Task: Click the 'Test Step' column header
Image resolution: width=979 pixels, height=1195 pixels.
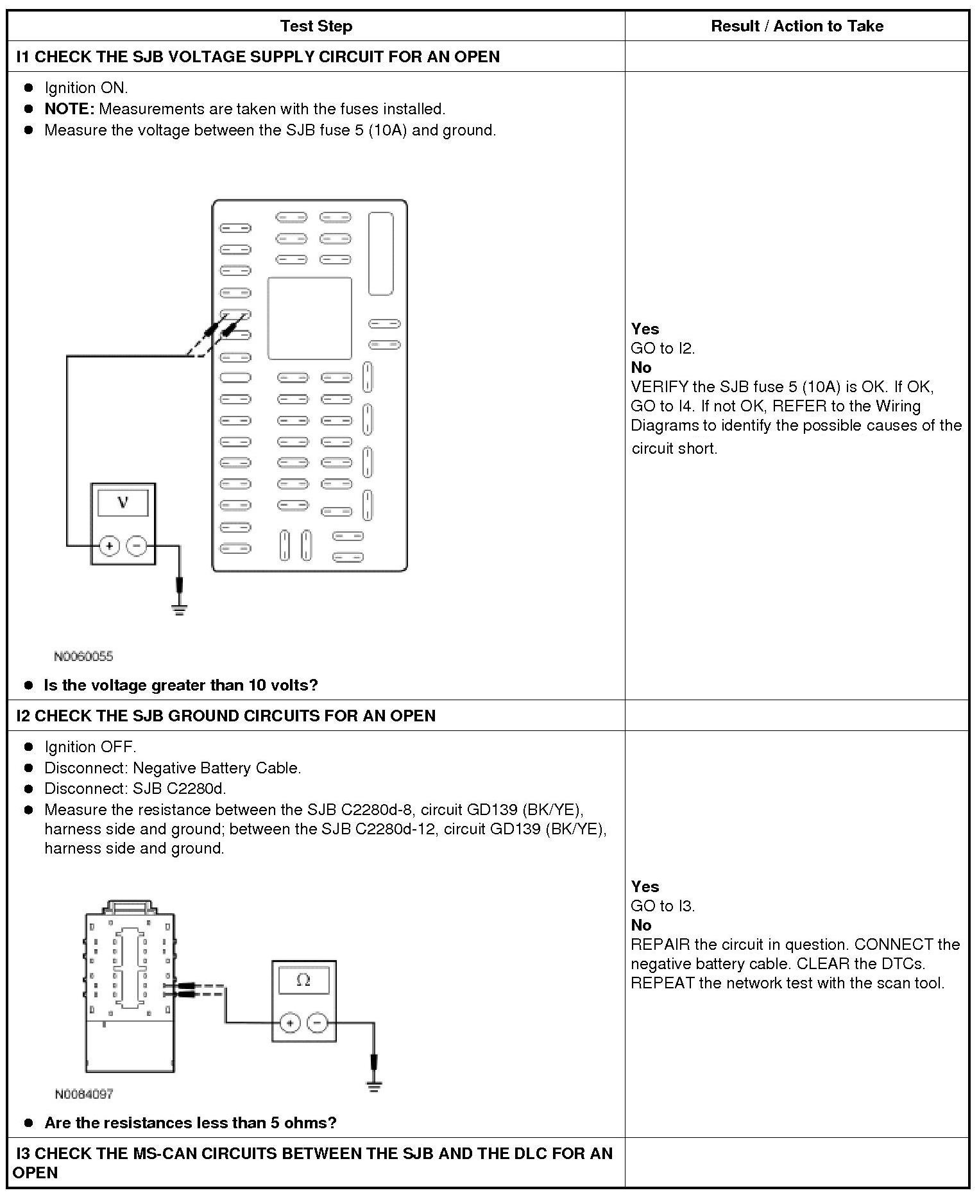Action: pyautogui.click(x=316, y=26)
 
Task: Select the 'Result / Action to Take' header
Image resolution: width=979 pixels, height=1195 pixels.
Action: pyautogui.click(x=797, y=26)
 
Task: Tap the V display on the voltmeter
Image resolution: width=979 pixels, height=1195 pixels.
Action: pyautogui.click(x=123, y=503)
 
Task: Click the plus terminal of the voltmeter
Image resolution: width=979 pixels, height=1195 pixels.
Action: pyautogui.click(x=110, y=546)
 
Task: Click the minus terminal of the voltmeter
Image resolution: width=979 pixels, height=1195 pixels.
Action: pyautogui.click(x=137, y=546)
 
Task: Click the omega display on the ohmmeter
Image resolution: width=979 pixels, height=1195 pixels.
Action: pyautogui.click(x=303, y=981)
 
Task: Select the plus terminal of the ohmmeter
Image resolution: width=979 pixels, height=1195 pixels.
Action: pyautogui.click(x=290, y=1023)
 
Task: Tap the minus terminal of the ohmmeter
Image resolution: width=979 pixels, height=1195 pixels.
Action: pyautogui.click(x=318, y=1023)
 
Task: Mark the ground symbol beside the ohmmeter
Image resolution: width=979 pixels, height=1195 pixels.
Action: pyautogui.click(x=374, y=1087)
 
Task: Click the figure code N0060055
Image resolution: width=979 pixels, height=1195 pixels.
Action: pyautogui.click(x=83, y=656)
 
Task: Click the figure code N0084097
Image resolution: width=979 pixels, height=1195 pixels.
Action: pyautogui.click(x=83, y=1094)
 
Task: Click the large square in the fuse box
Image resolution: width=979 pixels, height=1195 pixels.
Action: pyautogui.click(x=310, y=318)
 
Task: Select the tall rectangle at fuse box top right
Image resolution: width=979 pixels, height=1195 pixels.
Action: pyautogui.click(x=381, y=254)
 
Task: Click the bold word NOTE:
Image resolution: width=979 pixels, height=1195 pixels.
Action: pyautogui.click(x=69, y=109)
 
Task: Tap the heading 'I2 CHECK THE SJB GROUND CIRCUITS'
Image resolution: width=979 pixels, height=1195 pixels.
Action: pyautogui.click(x=226, y=716)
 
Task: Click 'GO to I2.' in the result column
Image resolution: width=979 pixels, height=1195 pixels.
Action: pyautogui.click(x=663, y=348)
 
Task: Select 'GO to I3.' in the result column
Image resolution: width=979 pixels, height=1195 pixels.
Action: pyautogui.click(x=663, y=906)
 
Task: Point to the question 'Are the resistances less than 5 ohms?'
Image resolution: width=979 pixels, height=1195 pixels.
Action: pyautogui.click(x=191, y=1123)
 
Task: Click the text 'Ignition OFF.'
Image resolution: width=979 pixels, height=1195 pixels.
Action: pyautogui.click(x=90, y=747)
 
